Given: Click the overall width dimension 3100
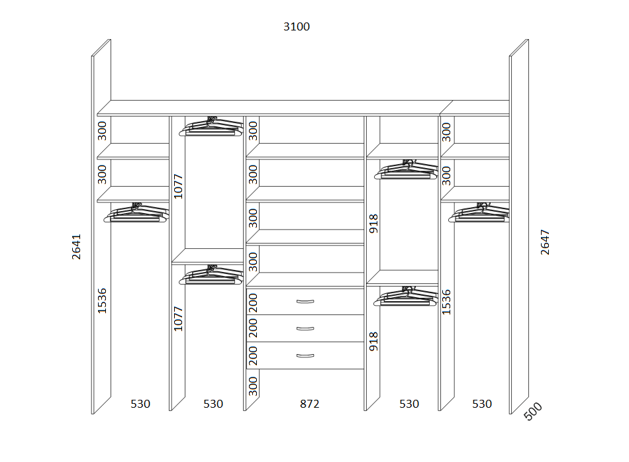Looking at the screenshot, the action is coord(297,26).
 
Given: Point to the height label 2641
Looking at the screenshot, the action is coord(76,247).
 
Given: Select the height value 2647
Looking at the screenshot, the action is coord(545,242).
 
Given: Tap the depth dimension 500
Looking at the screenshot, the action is coord(533,412).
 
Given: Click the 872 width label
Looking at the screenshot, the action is coord(309,404).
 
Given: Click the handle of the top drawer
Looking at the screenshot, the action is coord(305,302).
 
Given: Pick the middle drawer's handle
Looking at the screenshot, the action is coord(305,329).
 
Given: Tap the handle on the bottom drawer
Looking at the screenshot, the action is coord(305,355).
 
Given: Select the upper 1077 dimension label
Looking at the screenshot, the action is coord(178,186).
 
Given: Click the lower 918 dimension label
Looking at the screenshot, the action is coord(373,342).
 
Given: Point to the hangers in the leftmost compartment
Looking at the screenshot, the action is coord(136,212).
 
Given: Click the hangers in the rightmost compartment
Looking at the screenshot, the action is coord(479,212).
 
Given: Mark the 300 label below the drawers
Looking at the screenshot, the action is coord(253,386).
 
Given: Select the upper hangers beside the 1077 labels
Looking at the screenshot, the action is coord(211,126).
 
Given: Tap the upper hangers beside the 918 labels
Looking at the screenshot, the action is coord(406,169).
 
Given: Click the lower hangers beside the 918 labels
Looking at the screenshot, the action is coord(406,296).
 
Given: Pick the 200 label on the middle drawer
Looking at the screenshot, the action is coord(253,328).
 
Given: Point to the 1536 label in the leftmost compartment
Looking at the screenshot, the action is coord(102,300).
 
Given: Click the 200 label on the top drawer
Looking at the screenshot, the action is coord(253,302).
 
